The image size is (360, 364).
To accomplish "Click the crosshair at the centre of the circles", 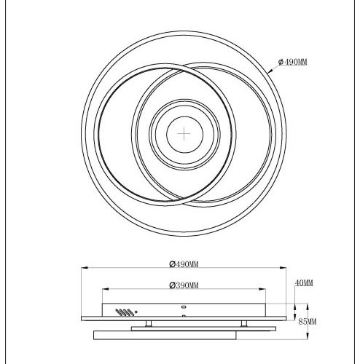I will coord(183,134).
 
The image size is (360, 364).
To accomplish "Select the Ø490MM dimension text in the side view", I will coord(184,265).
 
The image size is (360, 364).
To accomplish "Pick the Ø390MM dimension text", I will coord(184,284).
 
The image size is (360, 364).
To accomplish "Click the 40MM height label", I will coord(305,282).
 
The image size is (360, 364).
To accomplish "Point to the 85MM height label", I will coord(307,321).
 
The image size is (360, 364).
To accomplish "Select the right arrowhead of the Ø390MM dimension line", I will coord(265,290).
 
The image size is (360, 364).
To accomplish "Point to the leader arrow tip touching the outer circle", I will coord(271,72).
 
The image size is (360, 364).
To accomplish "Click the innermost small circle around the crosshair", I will coord(183,134).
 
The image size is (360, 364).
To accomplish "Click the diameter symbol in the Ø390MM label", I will coord(171,284).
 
